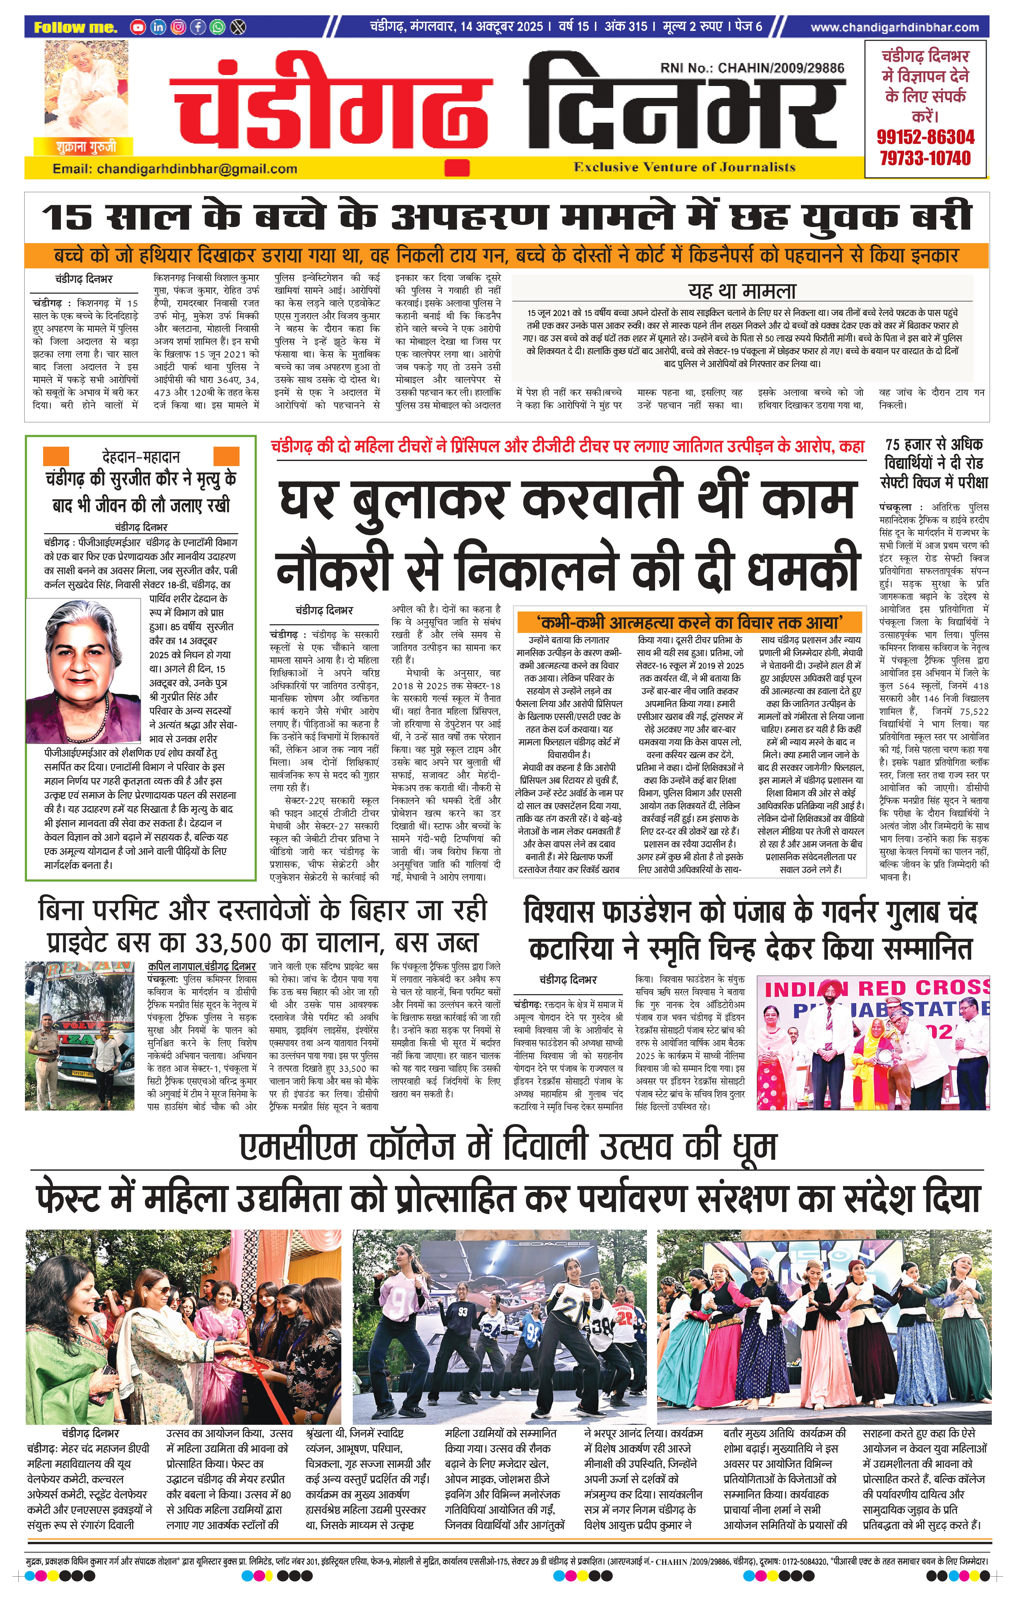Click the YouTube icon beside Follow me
pos(138,27)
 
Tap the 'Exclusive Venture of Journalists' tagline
pos(684,167)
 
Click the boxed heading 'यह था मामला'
pos(742,291)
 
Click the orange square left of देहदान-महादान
pos(56,456)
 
